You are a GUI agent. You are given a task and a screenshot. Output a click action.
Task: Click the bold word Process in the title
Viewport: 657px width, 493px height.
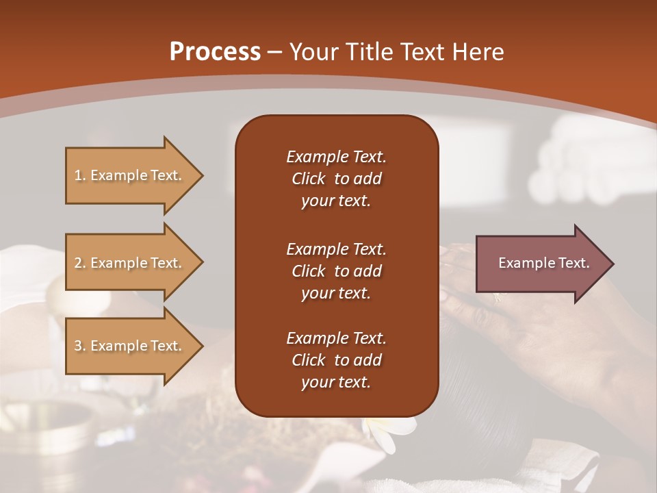coord(215,52)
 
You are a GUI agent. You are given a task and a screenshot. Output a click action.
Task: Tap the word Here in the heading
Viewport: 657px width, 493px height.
coord(477,52)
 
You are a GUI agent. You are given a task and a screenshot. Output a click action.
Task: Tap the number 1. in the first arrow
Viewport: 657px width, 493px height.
coord(80,175)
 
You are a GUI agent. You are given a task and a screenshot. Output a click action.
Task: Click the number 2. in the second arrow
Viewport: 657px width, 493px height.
coord(80,263)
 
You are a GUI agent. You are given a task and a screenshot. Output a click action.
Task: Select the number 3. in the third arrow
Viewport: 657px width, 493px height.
coord(80,346)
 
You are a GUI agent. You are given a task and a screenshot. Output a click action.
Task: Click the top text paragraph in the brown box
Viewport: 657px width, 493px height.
coord(336,179)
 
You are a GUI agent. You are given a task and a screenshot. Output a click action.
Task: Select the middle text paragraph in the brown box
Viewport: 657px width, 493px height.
coord(336,270)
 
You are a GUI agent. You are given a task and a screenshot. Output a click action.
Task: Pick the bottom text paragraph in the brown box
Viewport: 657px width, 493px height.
coord(336,360)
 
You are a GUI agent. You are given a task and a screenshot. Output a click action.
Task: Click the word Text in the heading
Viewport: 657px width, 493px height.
coord(422,52)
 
